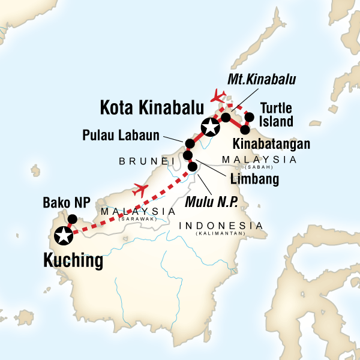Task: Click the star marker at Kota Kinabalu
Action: (x=210, y=127)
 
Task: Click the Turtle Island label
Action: (x=276, y=115)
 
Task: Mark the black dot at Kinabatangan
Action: (x=245, y=129)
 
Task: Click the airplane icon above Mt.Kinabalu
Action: (x=218, y=95)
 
